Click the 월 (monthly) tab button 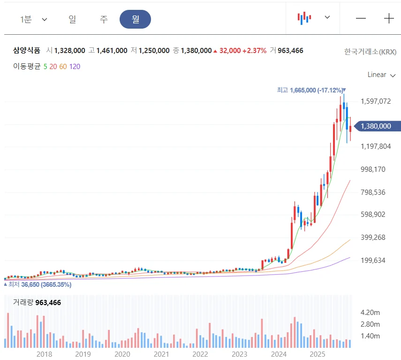135,19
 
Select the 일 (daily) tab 72,19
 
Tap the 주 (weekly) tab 104,19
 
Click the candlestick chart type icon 304,18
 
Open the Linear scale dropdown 381,75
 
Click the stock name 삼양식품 27,50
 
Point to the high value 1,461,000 112,50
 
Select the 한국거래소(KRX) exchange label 370,51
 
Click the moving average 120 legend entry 75,67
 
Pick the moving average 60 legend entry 63,67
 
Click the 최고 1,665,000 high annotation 310,90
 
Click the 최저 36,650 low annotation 37,284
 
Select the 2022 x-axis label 200,354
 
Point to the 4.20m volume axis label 370,312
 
